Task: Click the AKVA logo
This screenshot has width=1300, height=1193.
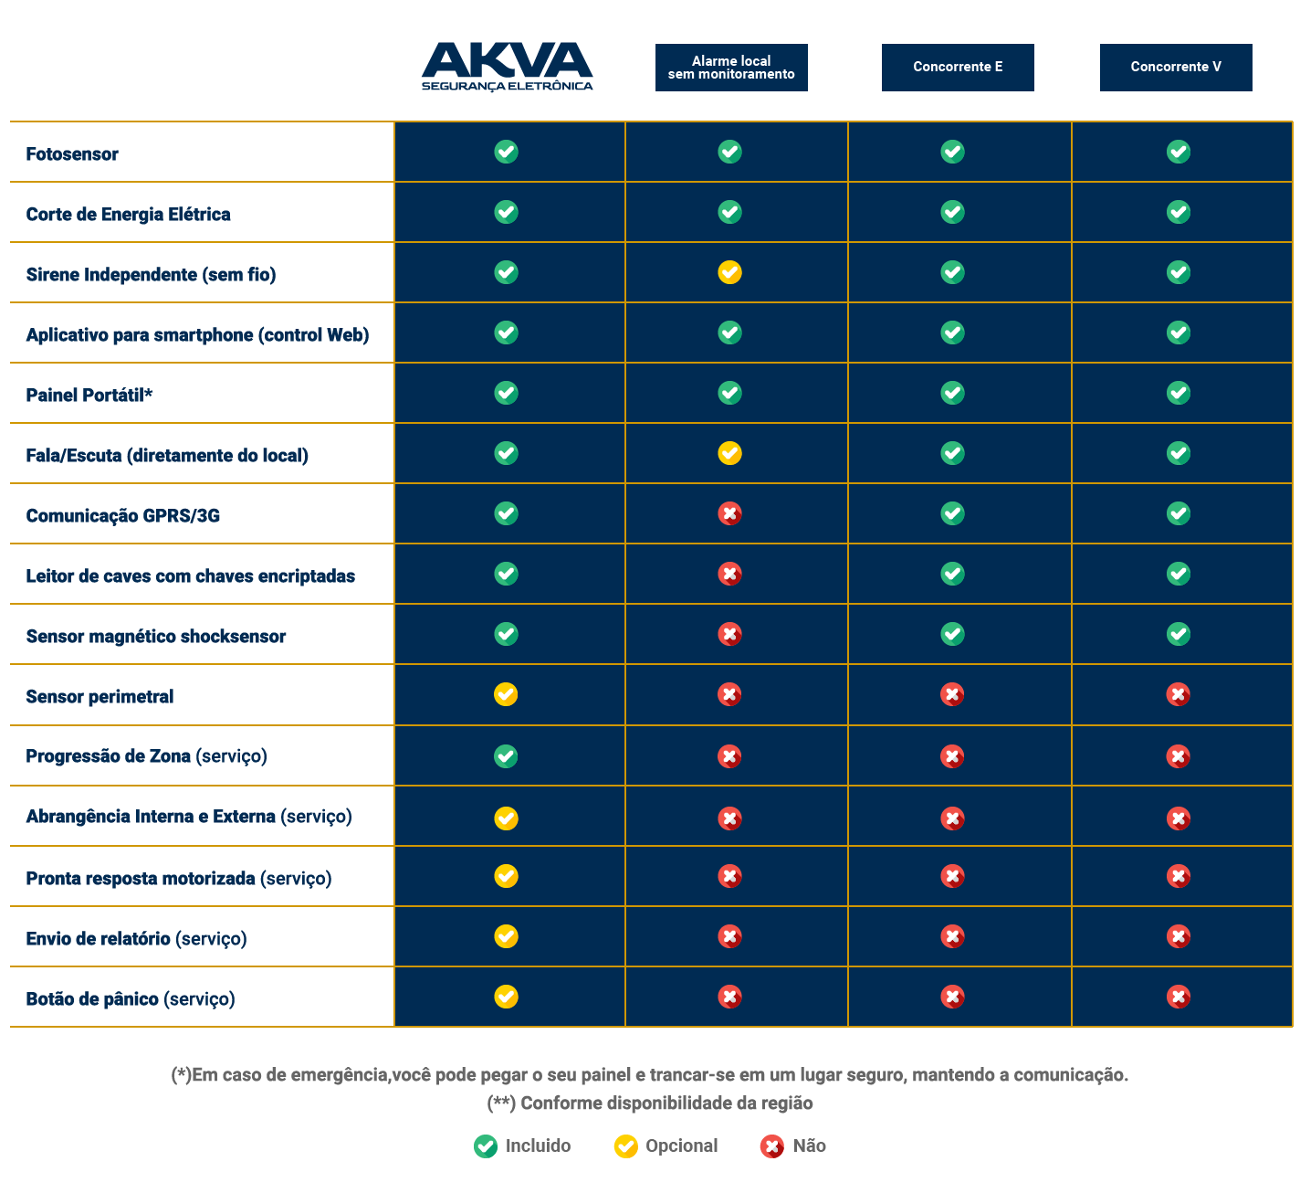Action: point(507,67)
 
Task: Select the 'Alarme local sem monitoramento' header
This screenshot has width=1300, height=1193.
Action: point(731,68)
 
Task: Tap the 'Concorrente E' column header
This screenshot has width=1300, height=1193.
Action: point(958,68)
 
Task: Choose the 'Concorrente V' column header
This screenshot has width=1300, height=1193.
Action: point(1176,68)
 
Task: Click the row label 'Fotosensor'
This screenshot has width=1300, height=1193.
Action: point(72,154)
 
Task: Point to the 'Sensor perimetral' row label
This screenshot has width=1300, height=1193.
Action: point(100,697)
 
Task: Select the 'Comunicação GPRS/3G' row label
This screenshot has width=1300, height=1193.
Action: point(123,516)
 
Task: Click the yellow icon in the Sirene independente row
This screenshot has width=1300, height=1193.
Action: point(729,272)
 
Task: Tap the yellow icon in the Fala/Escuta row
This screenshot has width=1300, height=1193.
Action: point(729,453)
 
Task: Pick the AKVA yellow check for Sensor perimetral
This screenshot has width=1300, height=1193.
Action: point(506,694)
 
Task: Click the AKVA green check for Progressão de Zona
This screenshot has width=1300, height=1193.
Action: point(506,756)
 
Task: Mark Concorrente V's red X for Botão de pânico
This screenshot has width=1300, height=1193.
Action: point(1179,997)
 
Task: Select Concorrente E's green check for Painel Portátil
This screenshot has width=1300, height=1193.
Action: point(952,393)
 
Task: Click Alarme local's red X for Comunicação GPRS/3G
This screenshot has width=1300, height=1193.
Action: point(729,513)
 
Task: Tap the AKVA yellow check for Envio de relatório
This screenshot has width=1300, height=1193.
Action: point(506,936)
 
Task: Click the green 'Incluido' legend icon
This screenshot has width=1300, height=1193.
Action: point(486,1146)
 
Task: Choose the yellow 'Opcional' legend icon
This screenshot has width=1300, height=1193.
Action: point(625,1146)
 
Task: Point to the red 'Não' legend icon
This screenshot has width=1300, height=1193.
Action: point(772,1146)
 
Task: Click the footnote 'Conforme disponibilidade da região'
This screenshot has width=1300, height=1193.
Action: point(650,1103)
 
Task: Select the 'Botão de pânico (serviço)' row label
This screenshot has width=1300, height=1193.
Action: point(131,999)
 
